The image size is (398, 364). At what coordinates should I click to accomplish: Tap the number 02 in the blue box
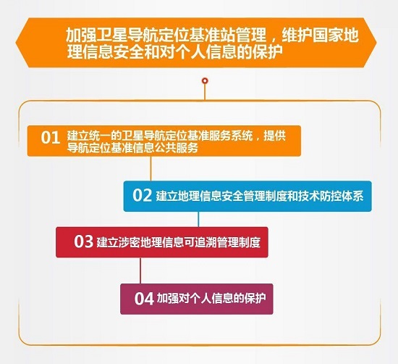point(142,195)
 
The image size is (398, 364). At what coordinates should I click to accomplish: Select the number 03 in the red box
point(83,241)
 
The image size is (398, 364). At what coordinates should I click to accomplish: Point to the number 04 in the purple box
point(145,297)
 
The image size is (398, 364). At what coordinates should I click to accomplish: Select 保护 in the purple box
point(258,298)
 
